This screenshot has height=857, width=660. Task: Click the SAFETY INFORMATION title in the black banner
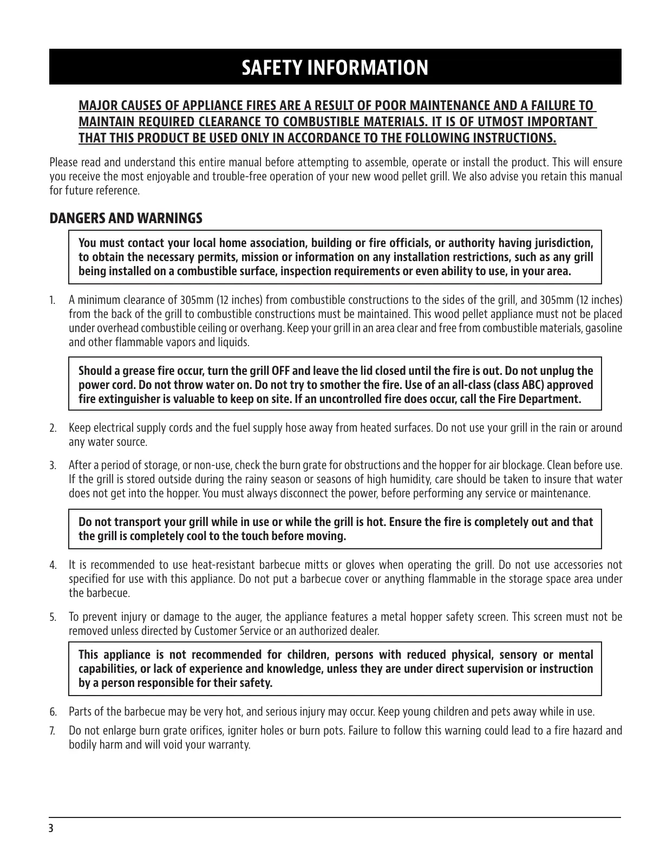coord(335,68)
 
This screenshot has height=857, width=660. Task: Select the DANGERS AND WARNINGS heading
coord(126,218)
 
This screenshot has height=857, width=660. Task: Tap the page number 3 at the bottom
coord(51,828)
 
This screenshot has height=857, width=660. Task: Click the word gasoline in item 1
coord(604,328)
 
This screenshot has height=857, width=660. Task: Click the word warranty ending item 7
coord(228,745)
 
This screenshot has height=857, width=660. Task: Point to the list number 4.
coord(53,565)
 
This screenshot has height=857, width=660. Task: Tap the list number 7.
coord(53,731)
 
